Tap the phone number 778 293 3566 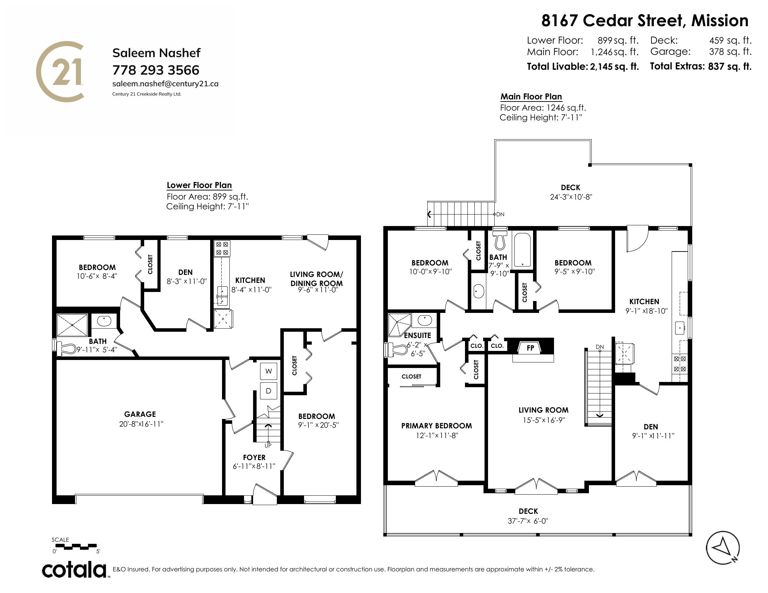pos(156,70)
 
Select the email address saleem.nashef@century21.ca pos(165,84)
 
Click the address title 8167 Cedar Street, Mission pos(644,21)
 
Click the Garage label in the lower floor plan pos(140,414)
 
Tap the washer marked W pos(268,371)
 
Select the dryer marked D pos(268,391)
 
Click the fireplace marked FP pos(530,348)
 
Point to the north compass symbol pos(723,548)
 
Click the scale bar pos(76,547)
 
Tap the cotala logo pos(74,570)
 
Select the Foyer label pos(254,457)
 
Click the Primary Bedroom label pos(436,426)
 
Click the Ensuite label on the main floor pos(418,335)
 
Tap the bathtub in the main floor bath pos(522,250)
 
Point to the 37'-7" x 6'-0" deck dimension pos(528,521)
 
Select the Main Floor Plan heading pos(531,97)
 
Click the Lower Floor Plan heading pos(199,185)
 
